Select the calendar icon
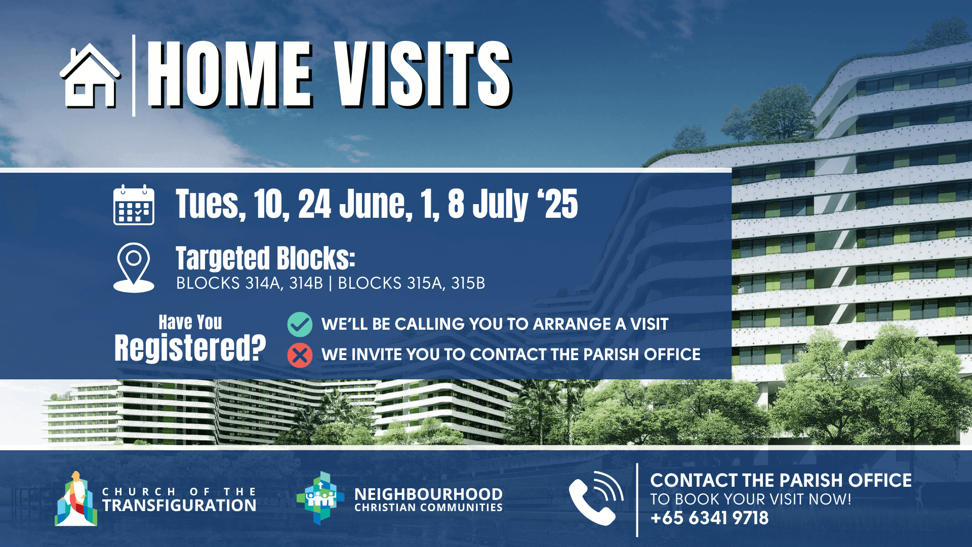[x=134, y=205]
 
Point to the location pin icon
[x=134, y=267]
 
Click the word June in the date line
[x=373, y=204]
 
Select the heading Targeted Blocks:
[x=265, y=258]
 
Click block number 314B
[x=306, y=283]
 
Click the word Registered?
[x=190, y=348]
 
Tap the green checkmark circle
[x=300, y=324]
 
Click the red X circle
[x=300, y=355]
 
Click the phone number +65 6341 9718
[x=709, y=518]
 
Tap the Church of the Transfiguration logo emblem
[x=76, y=499]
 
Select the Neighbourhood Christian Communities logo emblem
[x=320, y=498]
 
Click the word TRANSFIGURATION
[x=179, y=505]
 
